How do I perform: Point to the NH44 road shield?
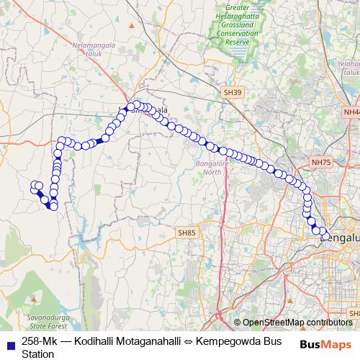pos(352,112)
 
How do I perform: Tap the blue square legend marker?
pos(9,342)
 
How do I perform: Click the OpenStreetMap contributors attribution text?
pos(297,323)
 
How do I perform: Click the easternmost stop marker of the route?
pos(326,236)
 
